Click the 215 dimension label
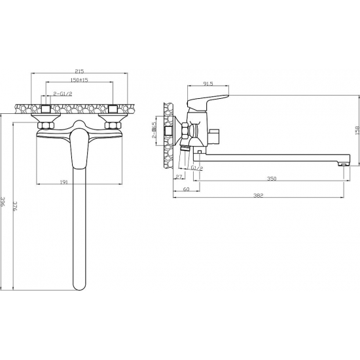coord(79,71)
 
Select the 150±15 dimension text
coord(79,80)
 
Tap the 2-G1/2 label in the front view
coord(63,94)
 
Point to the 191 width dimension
coord(64,182)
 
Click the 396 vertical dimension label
coord(3,202)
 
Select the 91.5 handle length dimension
coord(208,84)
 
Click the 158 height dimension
coord(357,130)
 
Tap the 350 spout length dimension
coord(272,179)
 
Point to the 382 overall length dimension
coord(259,196)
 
